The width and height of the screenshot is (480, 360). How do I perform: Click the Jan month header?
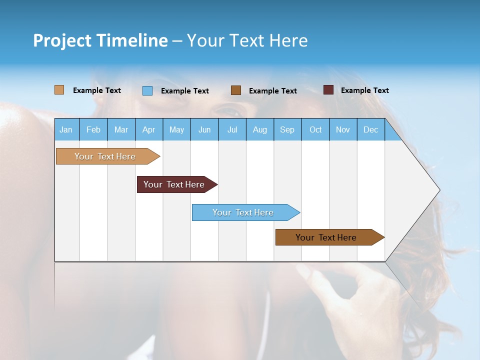point(66,129)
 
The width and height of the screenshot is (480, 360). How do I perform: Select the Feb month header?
point(93,129)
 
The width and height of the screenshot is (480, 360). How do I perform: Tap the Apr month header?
point(149,129)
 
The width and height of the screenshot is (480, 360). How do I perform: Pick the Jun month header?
point(204,129)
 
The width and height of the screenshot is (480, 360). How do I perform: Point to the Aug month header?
point(260,129)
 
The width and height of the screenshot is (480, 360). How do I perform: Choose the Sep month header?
point(287,129)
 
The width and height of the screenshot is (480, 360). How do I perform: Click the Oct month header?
point(315,129)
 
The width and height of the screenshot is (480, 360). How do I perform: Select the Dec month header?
point(371,129)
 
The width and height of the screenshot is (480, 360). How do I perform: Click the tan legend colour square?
point(59,90)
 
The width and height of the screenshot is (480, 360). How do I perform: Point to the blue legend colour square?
point(147,90)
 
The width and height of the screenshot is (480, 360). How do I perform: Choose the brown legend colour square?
point(236,90)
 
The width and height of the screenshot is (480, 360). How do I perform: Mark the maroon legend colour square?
point(328,90)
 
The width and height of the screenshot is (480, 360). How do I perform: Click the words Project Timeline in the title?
point(100,40)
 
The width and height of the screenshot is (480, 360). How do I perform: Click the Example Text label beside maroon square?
point(365,90)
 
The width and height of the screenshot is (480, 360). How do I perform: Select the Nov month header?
point(343,129)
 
